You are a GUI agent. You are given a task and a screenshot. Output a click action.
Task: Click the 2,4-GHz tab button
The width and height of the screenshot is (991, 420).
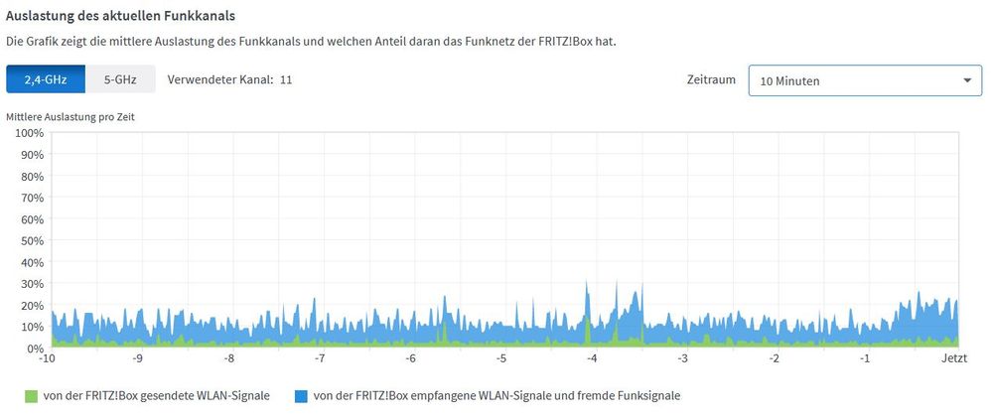tap(46, 79)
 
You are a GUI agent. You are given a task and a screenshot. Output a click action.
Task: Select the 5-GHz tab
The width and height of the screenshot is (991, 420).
tap(120, 79)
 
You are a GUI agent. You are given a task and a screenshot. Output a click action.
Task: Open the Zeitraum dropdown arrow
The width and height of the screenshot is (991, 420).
tap(966, 80)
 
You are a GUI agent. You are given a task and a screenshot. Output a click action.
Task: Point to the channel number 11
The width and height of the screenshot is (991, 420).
tap(286, 79)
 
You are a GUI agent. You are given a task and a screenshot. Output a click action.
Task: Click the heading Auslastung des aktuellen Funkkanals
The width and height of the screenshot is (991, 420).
tap(121, 18)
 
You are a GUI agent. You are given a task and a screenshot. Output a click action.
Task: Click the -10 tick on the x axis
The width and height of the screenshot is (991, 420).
tap(47, 358)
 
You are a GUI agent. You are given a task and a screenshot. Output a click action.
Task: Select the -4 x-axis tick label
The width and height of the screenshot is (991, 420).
tap(592, 358)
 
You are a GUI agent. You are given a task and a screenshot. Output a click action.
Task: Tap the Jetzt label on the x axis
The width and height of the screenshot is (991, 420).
tap(954, 358)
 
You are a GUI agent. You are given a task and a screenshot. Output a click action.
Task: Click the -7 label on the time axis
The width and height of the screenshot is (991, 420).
tap(320, 358)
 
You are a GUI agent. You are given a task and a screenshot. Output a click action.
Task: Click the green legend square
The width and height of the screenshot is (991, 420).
tap(32, 396)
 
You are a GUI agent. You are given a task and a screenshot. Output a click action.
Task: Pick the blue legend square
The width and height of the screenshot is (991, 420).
tap(301, 396)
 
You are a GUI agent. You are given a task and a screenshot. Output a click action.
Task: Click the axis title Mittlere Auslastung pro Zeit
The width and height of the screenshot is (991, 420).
tap(71, 116)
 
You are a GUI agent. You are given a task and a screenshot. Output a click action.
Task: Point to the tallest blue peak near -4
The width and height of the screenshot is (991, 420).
tap(587, 284)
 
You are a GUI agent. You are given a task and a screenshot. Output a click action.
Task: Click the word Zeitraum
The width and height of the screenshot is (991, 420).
tap(712, 79)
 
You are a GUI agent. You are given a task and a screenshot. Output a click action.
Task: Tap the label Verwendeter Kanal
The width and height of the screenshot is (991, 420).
tap(219, 79)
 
